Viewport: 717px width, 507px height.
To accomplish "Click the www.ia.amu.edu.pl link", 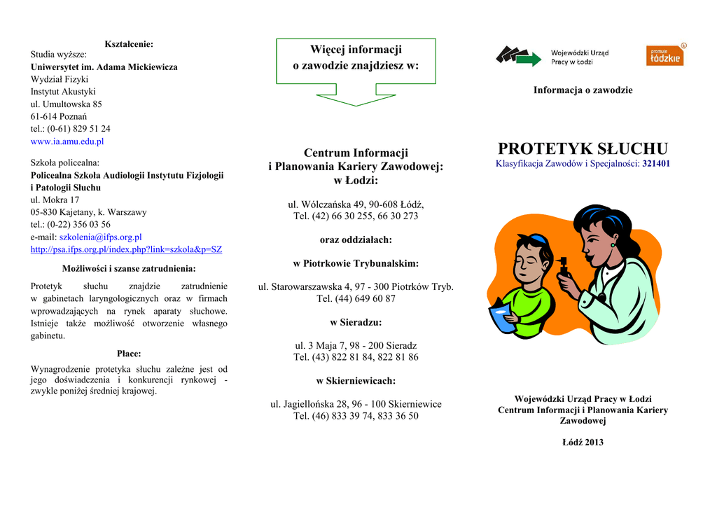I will pos(67,141).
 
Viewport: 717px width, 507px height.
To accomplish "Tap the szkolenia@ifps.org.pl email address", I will pos(100,237).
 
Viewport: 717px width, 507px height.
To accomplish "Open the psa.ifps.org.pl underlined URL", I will pos(126,249).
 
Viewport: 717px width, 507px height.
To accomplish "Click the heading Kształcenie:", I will pos(129,44).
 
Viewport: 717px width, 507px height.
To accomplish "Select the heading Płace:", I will pos(129,354).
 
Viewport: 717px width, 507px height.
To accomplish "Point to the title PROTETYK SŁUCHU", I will pos(583,148).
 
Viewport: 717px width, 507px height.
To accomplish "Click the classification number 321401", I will pos(656,164).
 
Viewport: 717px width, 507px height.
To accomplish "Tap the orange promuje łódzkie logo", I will pos(664,55).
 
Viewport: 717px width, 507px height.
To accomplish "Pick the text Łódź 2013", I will pos(583,442).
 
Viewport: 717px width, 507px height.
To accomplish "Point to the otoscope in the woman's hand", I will pos(562,267).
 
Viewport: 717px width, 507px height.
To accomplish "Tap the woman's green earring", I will pos(613,244).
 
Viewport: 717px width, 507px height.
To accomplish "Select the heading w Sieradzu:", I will pos(356,323).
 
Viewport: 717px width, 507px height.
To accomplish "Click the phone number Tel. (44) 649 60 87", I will pos(356,298).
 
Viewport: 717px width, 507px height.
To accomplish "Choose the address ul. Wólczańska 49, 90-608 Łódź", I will pos(356,204).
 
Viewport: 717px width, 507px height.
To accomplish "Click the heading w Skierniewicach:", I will pos(356,381).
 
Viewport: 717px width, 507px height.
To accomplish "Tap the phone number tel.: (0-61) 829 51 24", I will pos(70,129).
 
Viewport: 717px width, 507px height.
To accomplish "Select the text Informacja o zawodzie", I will pos(583,90).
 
